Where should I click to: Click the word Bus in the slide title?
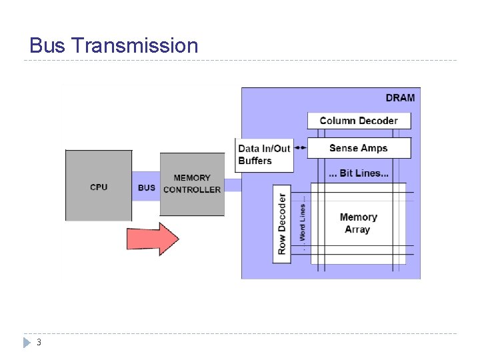47,45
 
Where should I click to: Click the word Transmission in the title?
134,45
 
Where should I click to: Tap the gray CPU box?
99,186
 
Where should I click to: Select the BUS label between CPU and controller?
146,187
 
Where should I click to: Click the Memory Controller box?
192,184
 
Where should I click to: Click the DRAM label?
400,97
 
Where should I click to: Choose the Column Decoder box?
359,121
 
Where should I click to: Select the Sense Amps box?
359,148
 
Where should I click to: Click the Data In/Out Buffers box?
265,155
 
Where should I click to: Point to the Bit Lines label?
359,173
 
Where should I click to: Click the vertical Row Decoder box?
282,223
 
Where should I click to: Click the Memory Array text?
358,223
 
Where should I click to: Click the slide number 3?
39,343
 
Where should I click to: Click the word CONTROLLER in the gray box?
192,190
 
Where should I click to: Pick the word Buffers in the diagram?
255,161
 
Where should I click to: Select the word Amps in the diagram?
374,148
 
